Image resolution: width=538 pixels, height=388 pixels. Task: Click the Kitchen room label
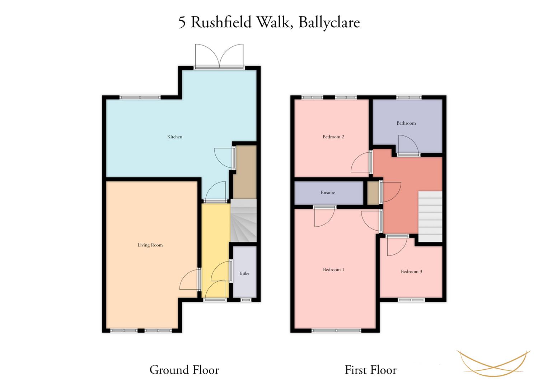pyautogui.click(x=175, y=137)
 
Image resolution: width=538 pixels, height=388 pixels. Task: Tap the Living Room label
pyautogui.click(x=150, y=245)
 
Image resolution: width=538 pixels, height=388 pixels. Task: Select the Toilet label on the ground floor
pyautogui.click(x=244, y=273)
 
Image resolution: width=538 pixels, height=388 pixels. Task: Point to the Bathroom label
pyautogui.click(x=406, y=123)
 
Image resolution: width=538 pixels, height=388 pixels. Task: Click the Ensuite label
pyautogui.click(x=328, y=192)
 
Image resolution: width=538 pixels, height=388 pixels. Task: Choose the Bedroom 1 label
pyautogui.click(x=333, y=269)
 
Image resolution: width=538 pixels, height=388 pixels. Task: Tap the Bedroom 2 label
pyautogui.click(x=333, y=137)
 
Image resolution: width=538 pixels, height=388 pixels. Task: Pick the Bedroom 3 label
pyautogui.click(x=411, y=271)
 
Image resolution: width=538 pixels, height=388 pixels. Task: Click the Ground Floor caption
pyautogui.click(x=184, y=370)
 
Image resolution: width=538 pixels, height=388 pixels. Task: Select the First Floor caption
pyautogui.click(x=371, y=370)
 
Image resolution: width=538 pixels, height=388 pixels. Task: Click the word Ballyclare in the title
pyautogui.click(x=329, y=23)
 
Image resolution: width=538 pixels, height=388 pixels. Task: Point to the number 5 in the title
pyautogui.click(x=182, y=23)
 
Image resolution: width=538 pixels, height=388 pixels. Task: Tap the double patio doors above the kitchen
pyautogui.click(x=219, y=57)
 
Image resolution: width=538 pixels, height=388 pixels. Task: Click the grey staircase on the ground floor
pyautogui.click(x=244, y=221)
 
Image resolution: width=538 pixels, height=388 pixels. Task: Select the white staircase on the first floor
pyautogui.click(x=430, y=217)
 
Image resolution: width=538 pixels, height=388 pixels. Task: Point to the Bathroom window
pyautogui.click(x=409, y=97)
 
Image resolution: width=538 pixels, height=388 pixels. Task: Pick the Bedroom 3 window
pyautogui.click(x=411, y=300)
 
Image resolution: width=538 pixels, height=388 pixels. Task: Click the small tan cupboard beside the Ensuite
pyautogui.click(x=373, y=193)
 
